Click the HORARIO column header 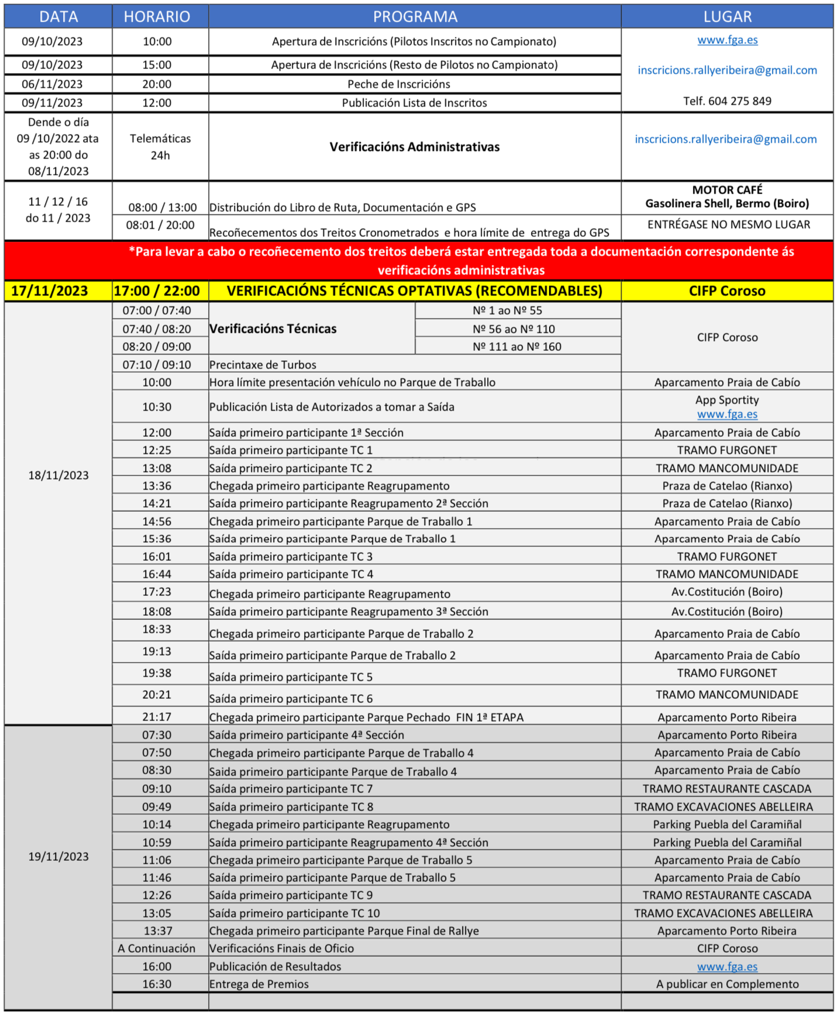pyautogui.click(x=157, y=16)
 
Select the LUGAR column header pyautogui.click(x=727, y=16)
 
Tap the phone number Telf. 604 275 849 pyautogui.click(x=727, y=101)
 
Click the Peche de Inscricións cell pyautogui.click(x=399, y=84)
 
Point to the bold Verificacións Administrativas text pyautogui.click(x=415, y=147)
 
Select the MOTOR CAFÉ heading pyautogui.click(x=727, y=190)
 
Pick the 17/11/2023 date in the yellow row pyautogui.click(x=50, y=291)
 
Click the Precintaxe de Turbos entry pyautogui.click(x=263, y=365)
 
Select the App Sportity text pyautogui.click(x=727, y=400)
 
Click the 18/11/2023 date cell pyautogui.click(x=58, y=475)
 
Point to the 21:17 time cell pyautogui.click(x=157, y=717)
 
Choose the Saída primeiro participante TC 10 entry pyautogui.click(x=294, y=913)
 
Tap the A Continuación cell pyautogui.click(x=157, y=949)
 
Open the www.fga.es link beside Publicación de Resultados pyautogui.click(x=727, y=967)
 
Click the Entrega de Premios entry pyautogui.click(x=259, y=984)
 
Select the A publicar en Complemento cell pyautogui.click(x=727, y=984)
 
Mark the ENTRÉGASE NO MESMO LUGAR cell pyautogui.click(x=729, y=225)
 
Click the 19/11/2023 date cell pyautogui.click(x=58, y=857)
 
